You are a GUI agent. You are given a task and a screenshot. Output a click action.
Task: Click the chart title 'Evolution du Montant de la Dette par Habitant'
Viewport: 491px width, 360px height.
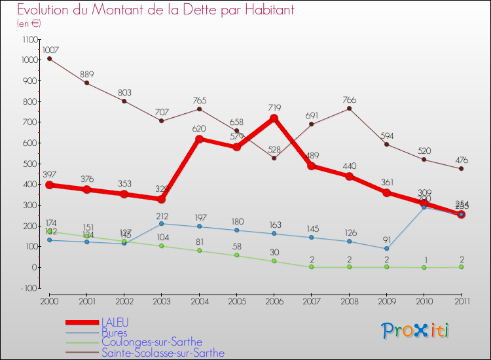coord(155,10)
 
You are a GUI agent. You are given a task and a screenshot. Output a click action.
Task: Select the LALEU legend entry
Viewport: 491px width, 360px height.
coord(115,323)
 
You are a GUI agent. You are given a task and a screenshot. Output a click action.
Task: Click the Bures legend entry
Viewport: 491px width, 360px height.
coord(115,333)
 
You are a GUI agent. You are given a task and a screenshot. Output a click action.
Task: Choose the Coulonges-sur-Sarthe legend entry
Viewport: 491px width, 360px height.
coord(152,342)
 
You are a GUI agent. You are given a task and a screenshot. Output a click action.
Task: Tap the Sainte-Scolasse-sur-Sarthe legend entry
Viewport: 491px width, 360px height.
coord(163,353)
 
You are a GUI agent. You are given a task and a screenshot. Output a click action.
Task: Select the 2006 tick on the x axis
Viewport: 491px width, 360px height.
coord(274,300)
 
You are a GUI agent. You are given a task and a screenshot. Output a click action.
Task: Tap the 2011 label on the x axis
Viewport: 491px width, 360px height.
coord(461,300)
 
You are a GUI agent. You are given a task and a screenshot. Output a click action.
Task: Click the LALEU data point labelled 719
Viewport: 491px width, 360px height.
coord(274,118)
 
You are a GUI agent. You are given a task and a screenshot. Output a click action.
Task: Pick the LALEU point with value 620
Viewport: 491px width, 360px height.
coord(199,139)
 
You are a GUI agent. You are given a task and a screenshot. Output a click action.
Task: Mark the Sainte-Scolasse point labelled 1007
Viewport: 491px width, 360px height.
coord(49,59)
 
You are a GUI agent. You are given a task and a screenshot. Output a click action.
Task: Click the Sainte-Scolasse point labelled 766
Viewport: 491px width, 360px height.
coord(349,109)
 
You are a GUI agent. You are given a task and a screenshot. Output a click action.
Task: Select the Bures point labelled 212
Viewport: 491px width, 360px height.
coord(162,223)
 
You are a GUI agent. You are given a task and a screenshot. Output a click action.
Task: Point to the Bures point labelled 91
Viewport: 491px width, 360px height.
coord(386,248)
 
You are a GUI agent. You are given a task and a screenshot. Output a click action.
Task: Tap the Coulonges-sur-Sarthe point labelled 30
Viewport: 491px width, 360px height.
coord(274,261)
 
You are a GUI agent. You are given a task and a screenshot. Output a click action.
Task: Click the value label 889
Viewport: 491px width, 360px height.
coord(87,73)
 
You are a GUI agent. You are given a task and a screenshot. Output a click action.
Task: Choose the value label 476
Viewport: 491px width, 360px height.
coord(461,159)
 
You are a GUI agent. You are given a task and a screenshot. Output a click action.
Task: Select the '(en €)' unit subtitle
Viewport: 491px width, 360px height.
coord(29,24)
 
